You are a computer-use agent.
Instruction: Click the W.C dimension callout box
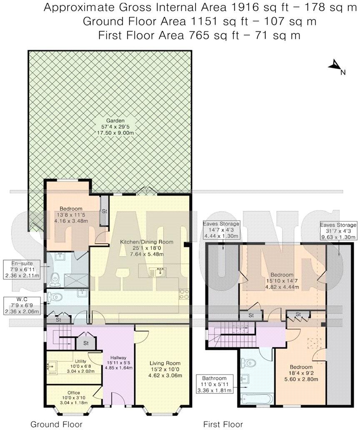[x=22, y=305]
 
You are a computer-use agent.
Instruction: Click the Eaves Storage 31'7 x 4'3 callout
[x=338, y=230]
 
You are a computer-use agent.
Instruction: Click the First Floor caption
[x=222, y=424]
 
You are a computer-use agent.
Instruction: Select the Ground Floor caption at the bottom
[x=56, y=424]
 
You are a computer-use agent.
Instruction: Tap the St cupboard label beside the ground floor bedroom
[x=104, y=211]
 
